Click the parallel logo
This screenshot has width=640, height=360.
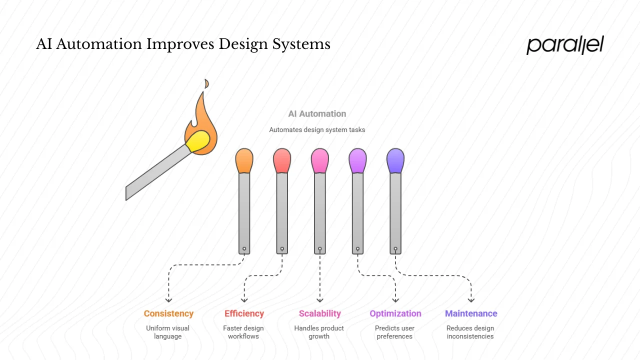(x=565, y=45)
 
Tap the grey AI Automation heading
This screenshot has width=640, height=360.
(x=317, y=114)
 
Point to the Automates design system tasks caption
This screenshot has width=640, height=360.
(x=317, y=130)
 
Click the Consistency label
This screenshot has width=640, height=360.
(x=168, y=313)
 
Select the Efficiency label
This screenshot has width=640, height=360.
(x=244, y=313)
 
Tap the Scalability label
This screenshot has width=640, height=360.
(x=319, y=313)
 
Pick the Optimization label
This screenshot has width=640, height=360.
(x=395, y=313)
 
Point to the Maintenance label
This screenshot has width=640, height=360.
(x=471, y=313)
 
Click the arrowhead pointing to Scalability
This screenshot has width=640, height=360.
(x=319, y=300)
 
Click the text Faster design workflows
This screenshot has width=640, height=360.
(x=243, y=332)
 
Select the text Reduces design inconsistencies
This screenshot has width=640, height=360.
(x=470, y=332)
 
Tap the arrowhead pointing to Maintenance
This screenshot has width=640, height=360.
(x=471, y=300)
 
